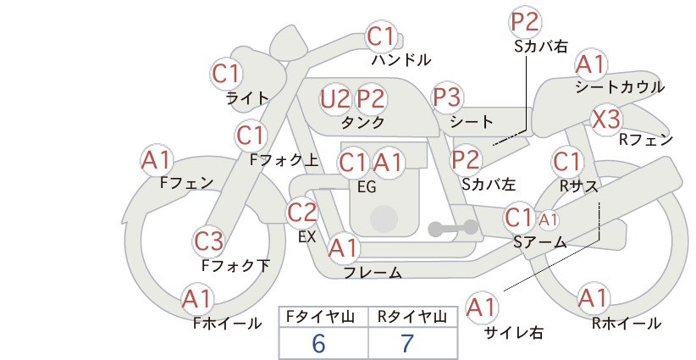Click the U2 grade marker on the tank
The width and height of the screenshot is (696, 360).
coord(334,98)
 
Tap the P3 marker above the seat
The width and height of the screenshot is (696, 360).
coord(447,97)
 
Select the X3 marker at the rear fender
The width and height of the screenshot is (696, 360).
coord(606,119)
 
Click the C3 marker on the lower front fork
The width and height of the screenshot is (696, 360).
coord(209,242)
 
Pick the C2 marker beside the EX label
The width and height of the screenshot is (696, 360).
coord(301,213)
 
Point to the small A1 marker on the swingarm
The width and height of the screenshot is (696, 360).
coord(548,219)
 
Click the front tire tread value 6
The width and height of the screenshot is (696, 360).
coord(318,344)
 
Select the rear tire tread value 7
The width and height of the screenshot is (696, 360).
coord(407,344)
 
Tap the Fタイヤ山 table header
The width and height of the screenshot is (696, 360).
coord(320,317)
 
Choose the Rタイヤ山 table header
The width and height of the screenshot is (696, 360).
coord(412,317)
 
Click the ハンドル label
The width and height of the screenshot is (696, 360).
coord(401,59)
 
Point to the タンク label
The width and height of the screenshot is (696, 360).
coord(362,122)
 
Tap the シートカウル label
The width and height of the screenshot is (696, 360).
coord(620,87)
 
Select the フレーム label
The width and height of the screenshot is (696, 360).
coord(373,273)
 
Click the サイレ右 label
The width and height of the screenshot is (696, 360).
coord(514,333)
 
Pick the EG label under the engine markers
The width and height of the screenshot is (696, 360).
coord(367,187)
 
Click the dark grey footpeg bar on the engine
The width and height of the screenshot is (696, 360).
coord(453,228)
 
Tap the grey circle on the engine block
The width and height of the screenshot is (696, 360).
coord(384,219)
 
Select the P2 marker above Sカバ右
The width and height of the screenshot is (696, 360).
coord(525,22)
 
